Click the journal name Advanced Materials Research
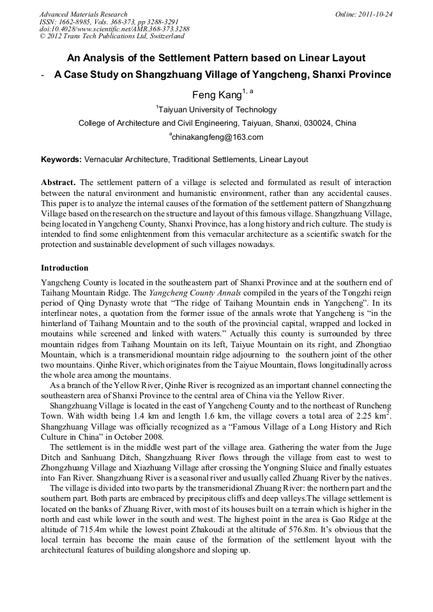point(83,14)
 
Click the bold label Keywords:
point(61,160)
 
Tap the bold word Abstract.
point(58,182)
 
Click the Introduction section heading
point(65,268)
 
